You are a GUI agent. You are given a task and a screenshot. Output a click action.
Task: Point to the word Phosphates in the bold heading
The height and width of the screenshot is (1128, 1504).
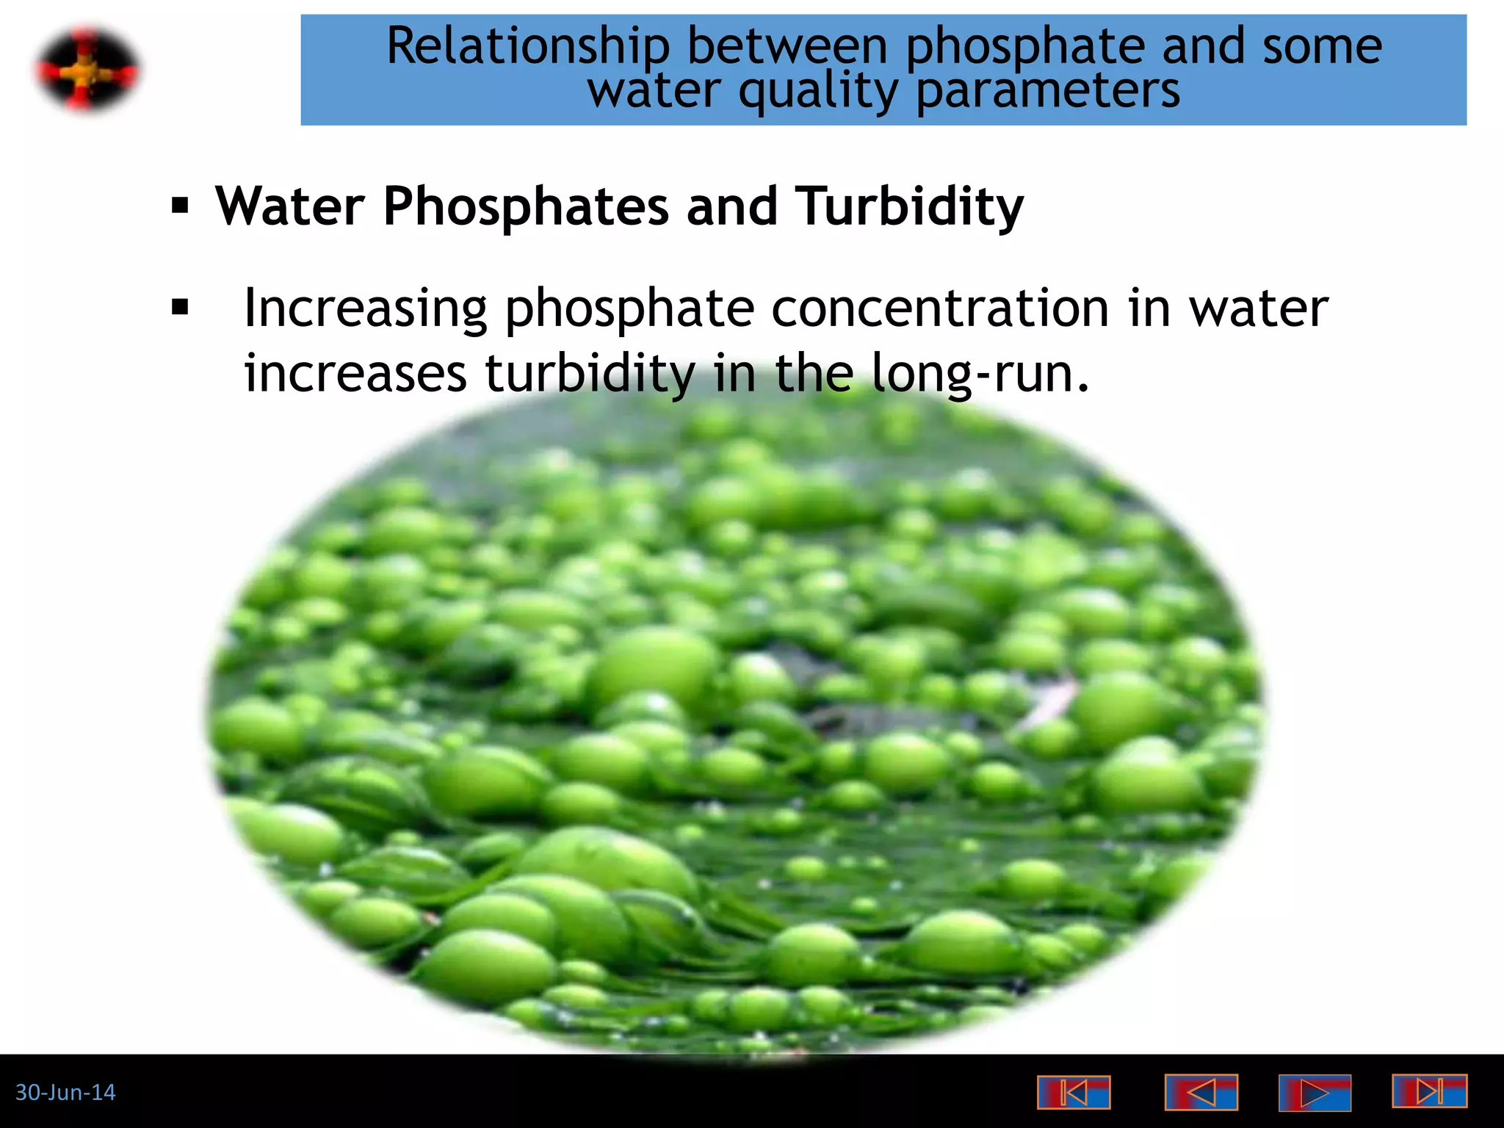pyautogui.click(x=526, y=206)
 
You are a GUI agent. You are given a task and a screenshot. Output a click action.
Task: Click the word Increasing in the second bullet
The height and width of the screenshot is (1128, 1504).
pyautogui.click(x=365, y=308)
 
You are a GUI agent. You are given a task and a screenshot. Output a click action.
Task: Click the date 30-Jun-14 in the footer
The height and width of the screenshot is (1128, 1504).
pyautogui.click(x=65, y=1093)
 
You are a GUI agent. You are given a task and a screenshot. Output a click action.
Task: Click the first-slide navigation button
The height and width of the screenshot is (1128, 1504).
pyautogui.click(x=1073, y=1093)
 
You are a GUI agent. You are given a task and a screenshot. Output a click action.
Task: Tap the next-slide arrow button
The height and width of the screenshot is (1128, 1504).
pyautogui.click(x=1315, y=1093)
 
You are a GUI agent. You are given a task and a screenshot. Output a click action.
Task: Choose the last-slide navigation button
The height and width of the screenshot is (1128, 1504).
pyautogui.click(x=1429, y=1091)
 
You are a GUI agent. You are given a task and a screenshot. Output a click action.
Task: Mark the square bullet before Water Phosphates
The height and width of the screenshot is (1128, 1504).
pyautogui.click(x=180, y=206)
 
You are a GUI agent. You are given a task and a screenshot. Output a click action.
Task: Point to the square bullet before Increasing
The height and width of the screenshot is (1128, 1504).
pyautogui.click(x=180, y=307)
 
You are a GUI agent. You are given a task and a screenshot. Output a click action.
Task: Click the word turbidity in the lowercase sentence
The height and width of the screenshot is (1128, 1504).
pyautogui.click(x=590, y=373)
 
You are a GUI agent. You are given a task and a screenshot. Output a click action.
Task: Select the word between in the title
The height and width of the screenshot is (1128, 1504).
pyautogui.click(x=787, y=47)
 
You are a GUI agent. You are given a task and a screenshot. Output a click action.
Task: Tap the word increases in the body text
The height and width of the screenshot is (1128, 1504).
pyautogui.click(x=355, y=373)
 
